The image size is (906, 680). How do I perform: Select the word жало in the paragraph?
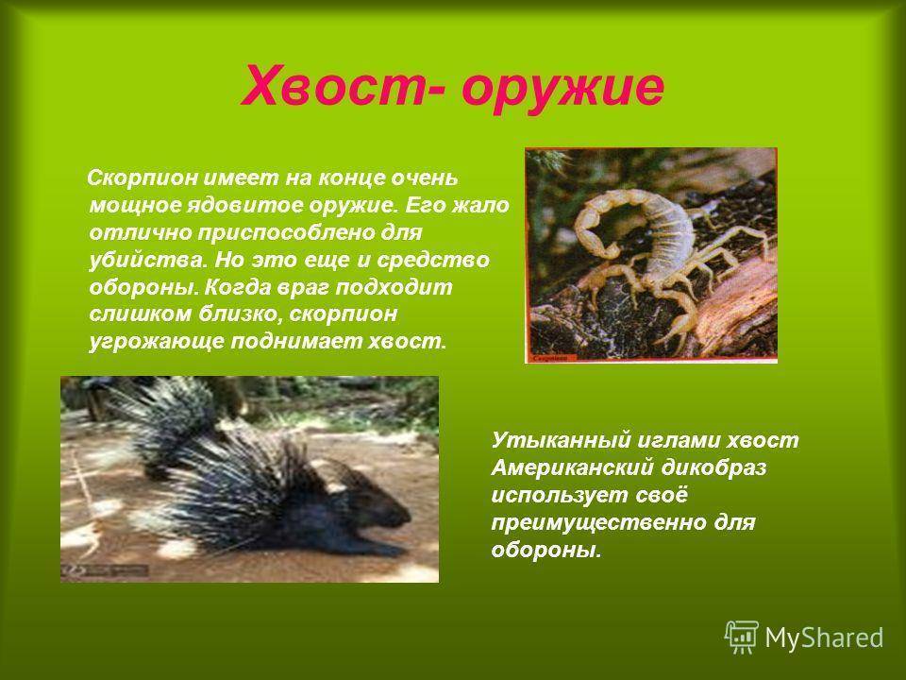(480, 205)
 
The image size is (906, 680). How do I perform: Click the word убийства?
(148, 260)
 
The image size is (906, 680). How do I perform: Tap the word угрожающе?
(156, 342)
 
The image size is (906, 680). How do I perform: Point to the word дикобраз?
(714, 467)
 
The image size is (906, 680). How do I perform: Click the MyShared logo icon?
(742, 637)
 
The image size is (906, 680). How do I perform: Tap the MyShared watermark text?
(824, 637)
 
